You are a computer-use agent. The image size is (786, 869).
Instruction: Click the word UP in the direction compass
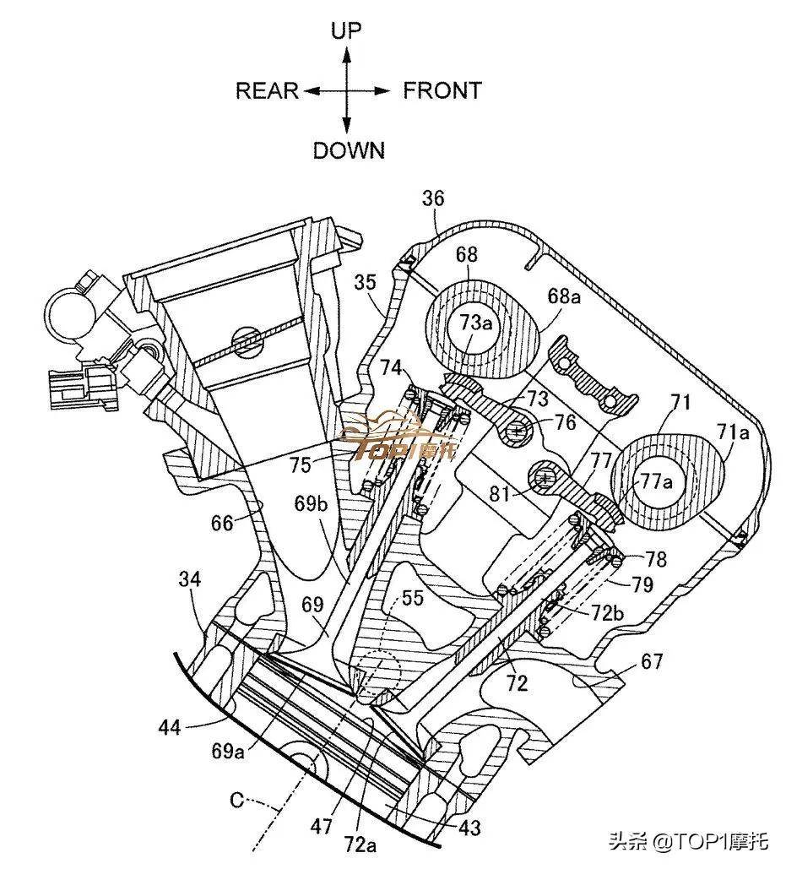[x=346, y=30]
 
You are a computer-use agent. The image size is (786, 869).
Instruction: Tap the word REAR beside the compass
[x=267, y=90]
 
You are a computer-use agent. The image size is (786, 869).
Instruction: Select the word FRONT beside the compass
[x=442, y=90]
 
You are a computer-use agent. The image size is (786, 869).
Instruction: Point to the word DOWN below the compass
[x=349, y=150]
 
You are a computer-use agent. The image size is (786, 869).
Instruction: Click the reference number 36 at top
[x=432, y=198]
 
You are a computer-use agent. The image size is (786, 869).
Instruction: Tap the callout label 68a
[x=565, y=296]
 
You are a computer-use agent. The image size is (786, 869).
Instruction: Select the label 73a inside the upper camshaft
[x=475, y=323]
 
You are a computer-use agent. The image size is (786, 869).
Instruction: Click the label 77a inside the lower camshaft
[x=656, y=481]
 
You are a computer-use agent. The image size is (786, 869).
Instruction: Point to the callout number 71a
[x=733, y=432]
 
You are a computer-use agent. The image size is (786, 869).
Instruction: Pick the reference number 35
[x=365, y=283]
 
